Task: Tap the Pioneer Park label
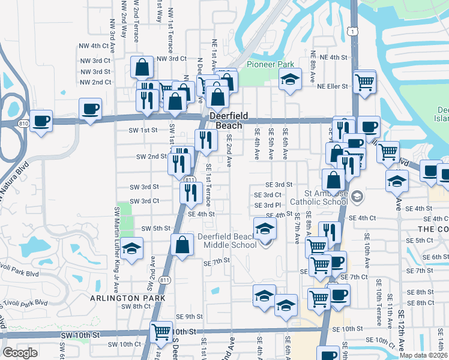coord(261,64)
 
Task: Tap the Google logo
coord(20,353)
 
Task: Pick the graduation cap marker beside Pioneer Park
coord(289,80)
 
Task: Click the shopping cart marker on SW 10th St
coord(160,331)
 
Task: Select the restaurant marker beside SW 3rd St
coord(190,193)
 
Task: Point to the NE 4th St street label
coord(334,57)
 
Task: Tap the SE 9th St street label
coord(189,316)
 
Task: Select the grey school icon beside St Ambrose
coord(357,196)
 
